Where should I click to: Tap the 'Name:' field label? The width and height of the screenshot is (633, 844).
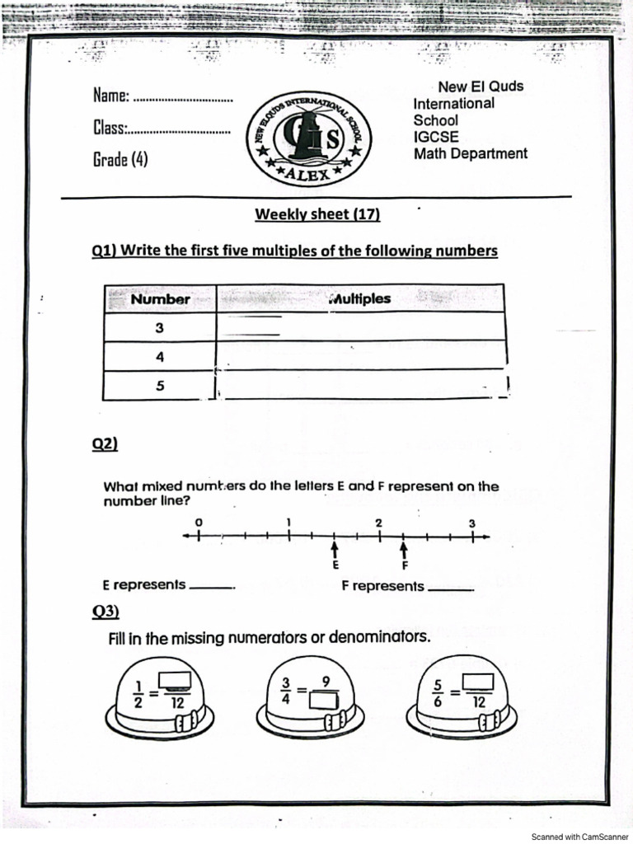pos(111,96)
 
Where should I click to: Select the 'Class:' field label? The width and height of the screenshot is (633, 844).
pos(110,129)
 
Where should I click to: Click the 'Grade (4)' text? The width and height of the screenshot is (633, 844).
pos(120,159)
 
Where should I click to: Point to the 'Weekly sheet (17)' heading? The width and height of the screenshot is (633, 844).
pos(317,214)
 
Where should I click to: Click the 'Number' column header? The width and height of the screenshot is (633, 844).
pos(160,299)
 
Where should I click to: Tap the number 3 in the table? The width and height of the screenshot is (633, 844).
pos(159,328)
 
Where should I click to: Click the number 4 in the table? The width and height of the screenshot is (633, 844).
pos(160,357)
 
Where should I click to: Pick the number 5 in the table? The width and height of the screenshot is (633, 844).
pos(160,385)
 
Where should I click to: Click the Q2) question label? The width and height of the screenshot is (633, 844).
pos(105,444)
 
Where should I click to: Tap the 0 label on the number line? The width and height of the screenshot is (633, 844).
pos(198,523)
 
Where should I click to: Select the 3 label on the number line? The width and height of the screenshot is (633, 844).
pos(472,523)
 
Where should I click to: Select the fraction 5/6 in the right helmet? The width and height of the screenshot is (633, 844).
pos(438,692)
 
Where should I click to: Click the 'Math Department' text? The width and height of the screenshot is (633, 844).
pos(470,153)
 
